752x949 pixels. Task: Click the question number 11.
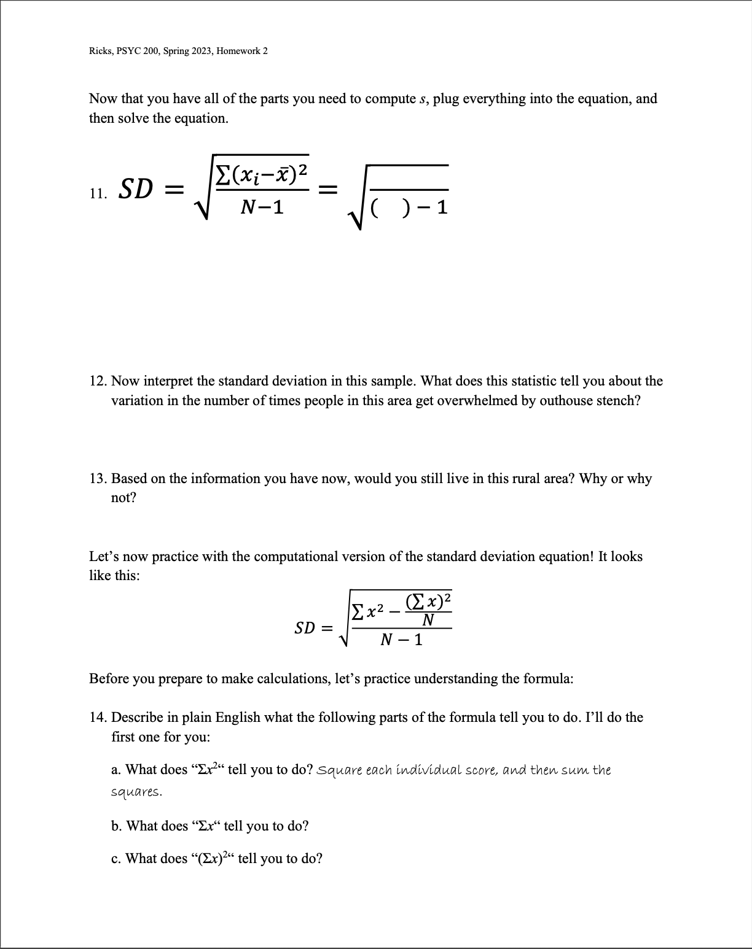96,194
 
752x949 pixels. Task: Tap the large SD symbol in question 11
135,190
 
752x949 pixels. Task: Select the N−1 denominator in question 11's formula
262,207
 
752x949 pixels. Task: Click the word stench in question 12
616,401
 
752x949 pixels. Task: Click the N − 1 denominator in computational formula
401,640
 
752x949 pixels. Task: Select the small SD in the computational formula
305,628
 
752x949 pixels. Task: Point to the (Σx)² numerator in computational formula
429,599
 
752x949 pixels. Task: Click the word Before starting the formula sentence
108,678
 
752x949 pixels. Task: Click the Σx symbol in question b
207,826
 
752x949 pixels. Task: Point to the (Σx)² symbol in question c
214,858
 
